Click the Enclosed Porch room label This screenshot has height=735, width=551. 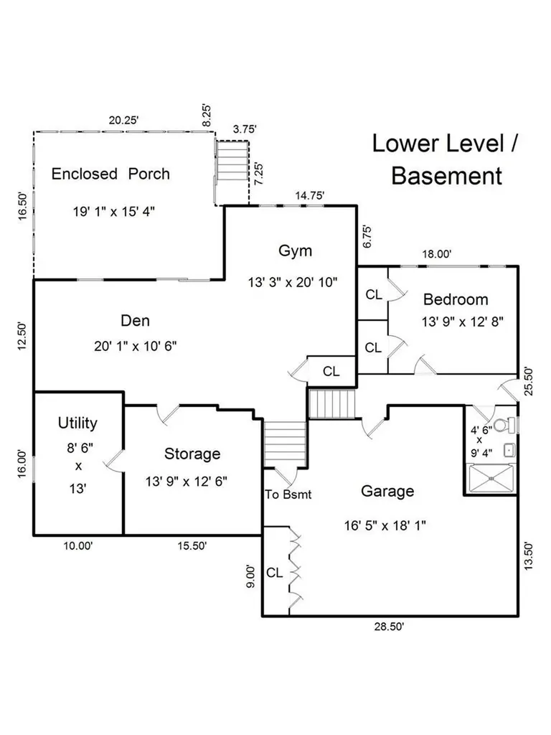click(110, 174)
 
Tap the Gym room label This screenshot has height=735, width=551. click(295, 251)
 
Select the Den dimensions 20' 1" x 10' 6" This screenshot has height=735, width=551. click(136, 347)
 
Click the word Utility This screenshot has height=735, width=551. click(77, 423)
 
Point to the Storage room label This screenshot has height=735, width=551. click(192, 454)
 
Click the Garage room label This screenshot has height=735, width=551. click(387, 491)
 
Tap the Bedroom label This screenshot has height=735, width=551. click(456, 299)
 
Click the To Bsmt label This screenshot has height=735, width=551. click(288, 495)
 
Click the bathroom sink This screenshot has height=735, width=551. click(509, 451)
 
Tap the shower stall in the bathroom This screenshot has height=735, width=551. click(491, 478)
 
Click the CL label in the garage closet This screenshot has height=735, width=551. click(275, 573)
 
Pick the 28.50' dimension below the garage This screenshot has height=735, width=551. click(389, 627)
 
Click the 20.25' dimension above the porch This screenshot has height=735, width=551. click(123, 120)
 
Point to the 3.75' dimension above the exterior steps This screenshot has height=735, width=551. click(245, 129)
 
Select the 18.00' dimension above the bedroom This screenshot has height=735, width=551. click(437, 254)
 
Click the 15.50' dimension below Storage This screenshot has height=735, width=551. click(192, 546)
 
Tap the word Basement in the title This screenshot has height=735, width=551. click(446, 177)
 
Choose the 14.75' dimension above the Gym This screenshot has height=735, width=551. click(310, 195)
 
